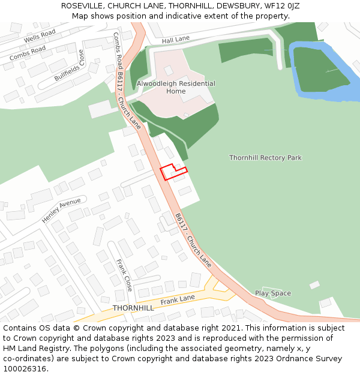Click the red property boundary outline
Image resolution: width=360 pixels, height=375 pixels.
[173, 172]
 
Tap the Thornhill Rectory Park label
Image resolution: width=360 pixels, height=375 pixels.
[265, 158]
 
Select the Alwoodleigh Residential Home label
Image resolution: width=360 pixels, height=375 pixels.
[175, 88]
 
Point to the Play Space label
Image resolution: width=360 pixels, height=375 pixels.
[272, 293]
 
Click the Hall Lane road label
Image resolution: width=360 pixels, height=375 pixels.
[175, 39]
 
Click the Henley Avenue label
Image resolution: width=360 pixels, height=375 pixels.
[61, 211]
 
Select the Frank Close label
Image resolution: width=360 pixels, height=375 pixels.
[124, 274]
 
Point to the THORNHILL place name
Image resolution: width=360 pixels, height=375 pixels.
[133, 308]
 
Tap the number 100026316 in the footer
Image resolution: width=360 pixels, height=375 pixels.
[25, 368]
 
